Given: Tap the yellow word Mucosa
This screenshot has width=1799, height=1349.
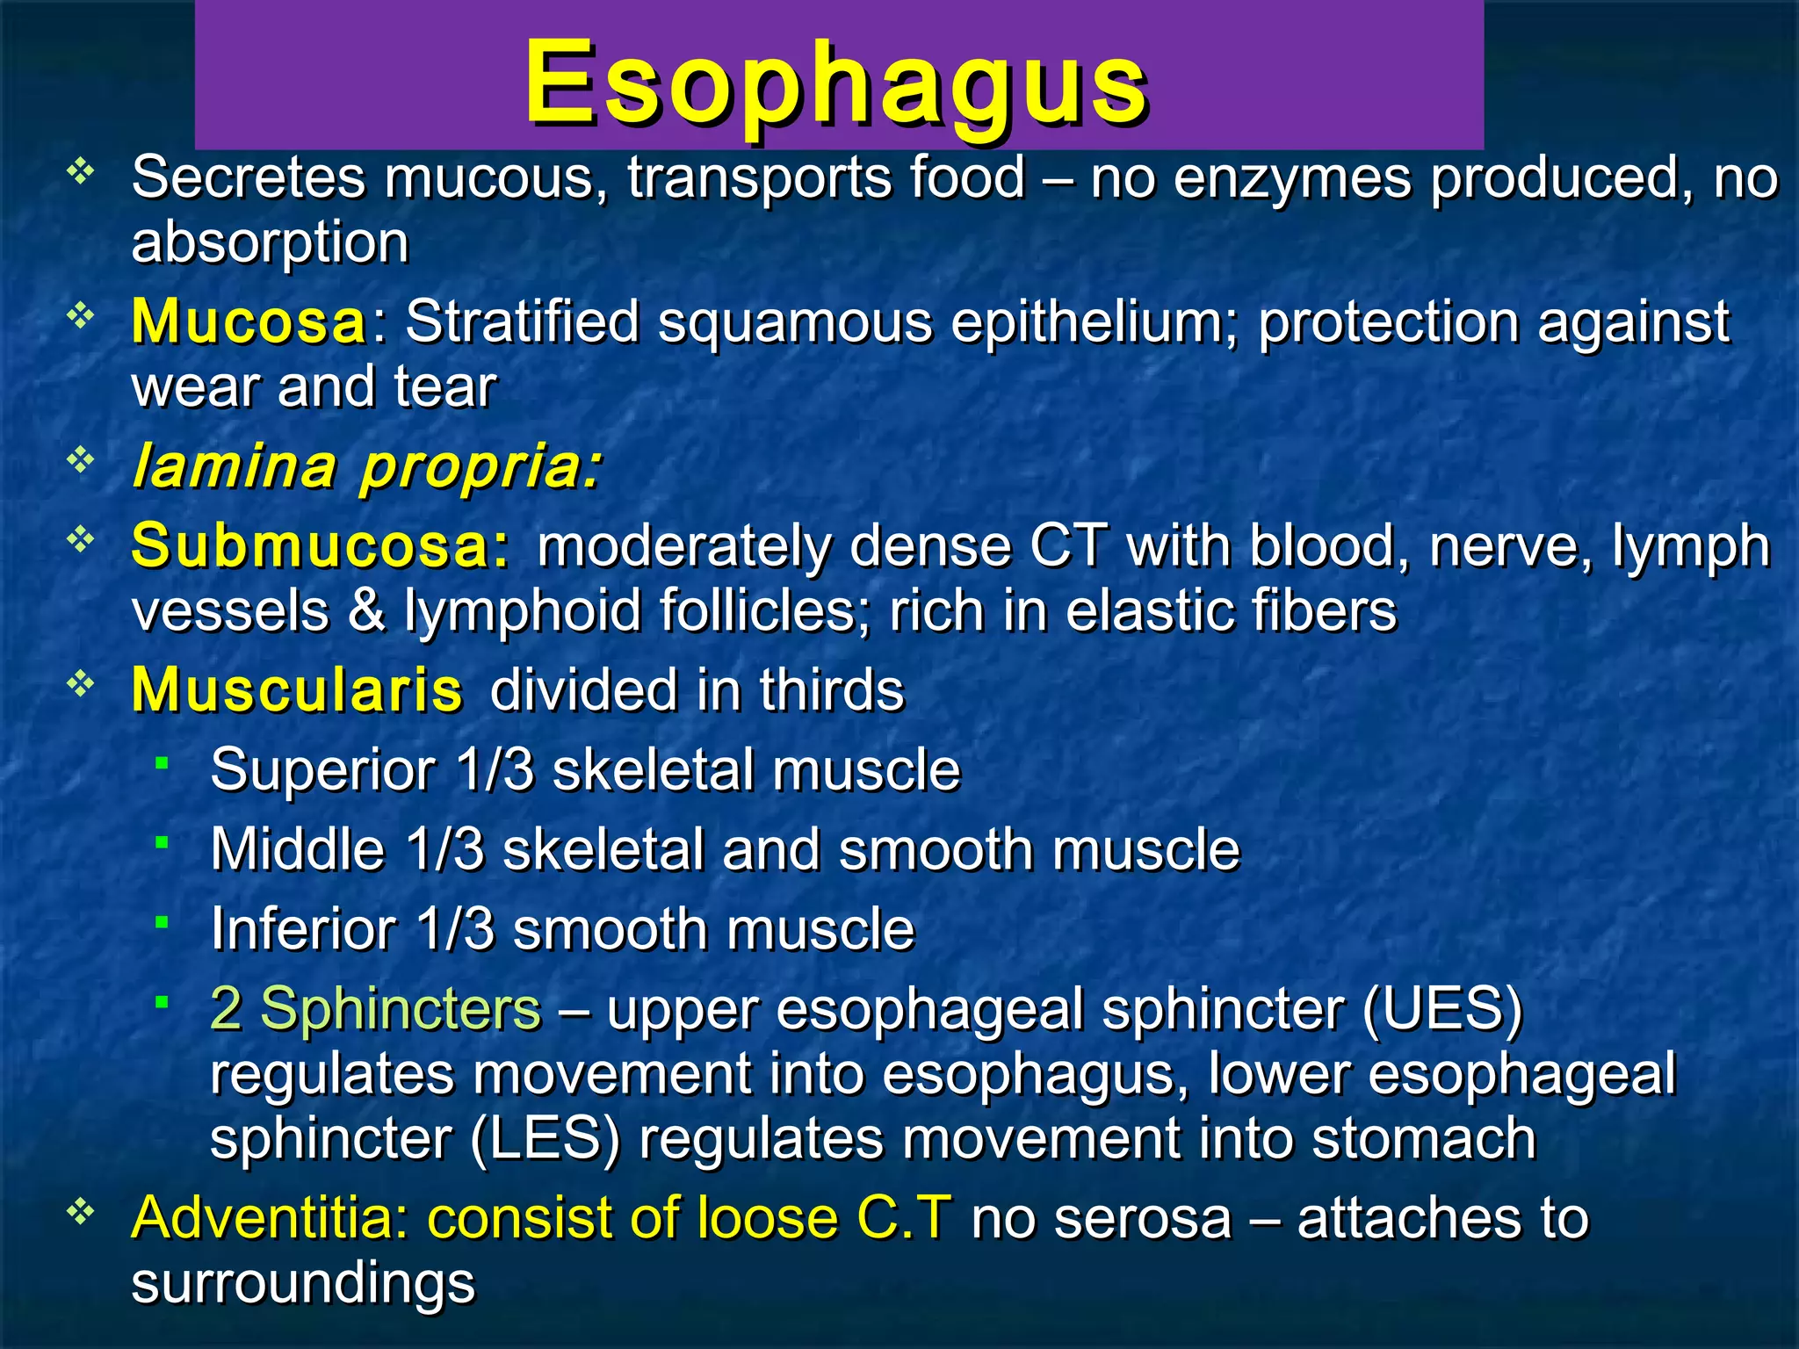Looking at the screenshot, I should pos(249,322).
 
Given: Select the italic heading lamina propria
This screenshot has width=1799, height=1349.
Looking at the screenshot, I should pos(366,466).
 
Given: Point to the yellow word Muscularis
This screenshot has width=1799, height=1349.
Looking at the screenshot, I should pos(297,690).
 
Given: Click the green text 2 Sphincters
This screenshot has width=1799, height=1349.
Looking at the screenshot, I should pos(375,1008).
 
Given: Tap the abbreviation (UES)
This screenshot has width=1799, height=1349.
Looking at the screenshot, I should pos(1442,1008).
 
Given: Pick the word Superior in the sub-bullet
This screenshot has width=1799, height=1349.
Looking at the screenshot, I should pos(322,770).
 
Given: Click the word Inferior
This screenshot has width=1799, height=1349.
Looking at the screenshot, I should pos(303,929).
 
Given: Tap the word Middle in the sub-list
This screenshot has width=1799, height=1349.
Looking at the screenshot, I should pos(298,849).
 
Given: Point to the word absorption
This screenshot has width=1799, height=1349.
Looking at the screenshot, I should pos(270,243).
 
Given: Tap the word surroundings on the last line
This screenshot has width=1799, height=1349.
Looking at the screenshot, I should pos(303,1283).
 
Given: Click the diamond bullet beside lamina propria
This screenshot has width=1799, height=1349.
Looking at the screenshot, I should pos(80,459).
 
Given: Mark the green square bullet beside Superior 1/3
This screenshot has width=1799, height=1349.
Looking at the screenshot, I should pos(162,763).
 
